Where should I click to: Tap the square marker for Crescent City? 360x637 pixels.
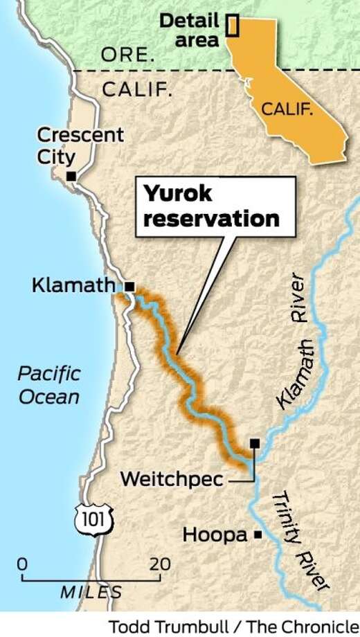71,177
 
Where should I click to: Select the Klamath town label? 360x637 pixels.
75,285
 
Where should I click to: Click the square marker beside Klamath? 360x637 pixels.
129,285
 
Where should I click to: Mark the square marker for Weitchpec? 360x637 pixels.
255,442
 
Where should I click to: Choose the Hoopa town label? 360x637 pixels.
215,535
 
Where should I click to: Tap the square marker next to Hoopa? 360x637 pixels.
258,534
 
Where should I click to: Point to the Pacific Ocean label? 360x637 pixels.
48,386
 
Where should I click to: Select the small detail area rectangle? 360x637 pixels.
233,25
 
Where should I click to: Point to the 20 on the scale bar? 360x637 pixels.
160,564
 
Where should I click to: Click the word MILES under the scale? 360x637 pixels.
91,592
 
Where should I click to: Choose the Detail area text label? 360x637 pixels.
189,30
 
